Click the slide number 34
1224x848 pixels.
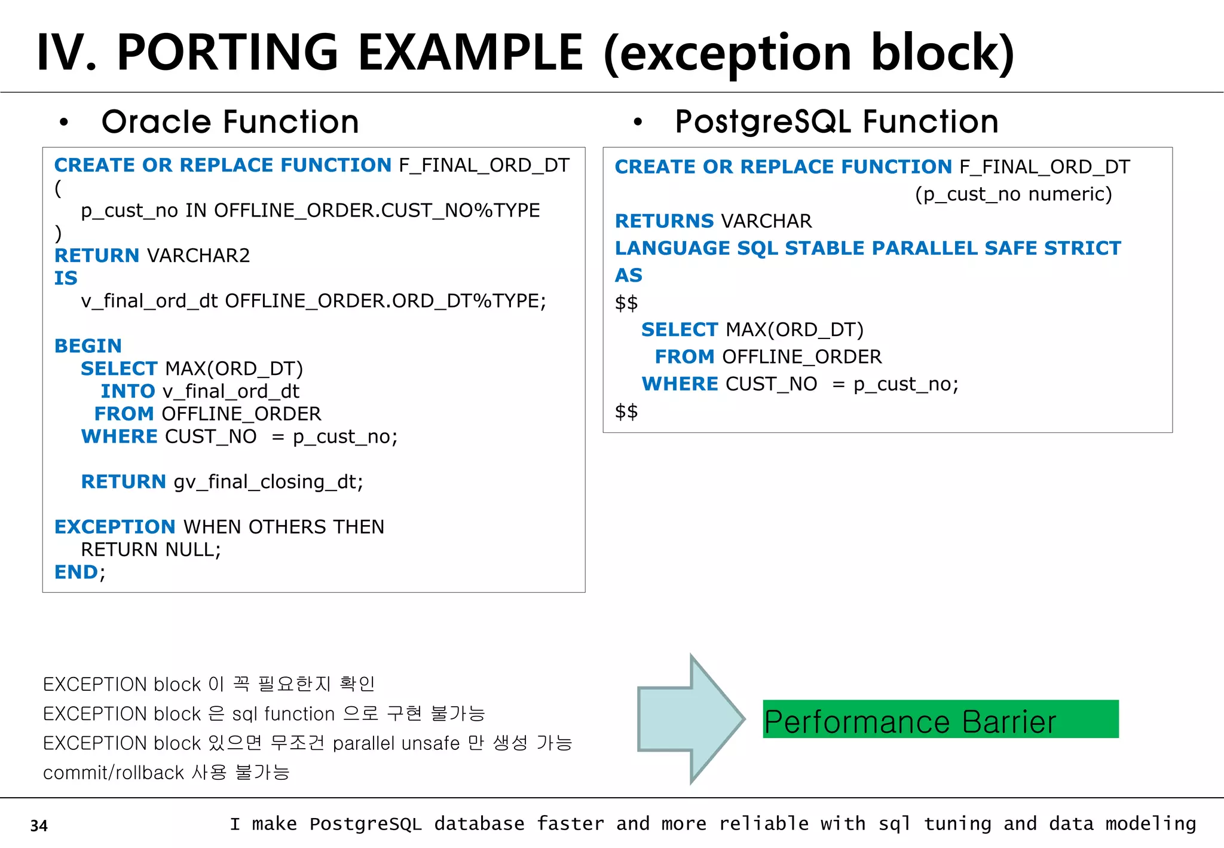pos(39,825)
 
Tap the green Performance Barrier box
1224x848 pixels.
pos(940,719)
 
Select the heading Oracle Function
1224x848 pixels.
pos(230,122)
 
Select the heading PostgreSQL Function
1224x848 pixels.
pos(836,122)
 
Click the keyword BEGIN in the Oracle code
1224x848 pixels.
pos(88,346)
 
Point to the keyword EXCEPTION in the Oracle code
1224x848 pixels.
pos(115,527)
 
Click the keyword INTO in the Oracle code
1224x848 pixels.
pos(127,391)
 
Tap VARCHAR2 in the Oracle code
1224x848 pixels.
pos(198,255)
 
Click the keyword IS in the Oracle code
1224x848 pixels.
pos(66,278)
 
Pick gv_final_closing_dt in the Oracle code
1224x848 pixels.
pos(268,482)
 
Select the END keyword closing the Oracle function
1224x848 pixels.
pos(76,572)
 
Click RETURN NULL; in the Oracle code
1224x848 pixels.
pos(151,550)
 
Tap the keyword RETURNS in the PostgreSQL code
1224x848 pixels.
pos(664,221)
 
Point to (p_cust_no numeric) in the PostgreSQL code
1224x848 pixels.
pos(1013,194)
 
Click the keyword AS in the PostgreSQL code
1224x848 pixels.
pos(628,275)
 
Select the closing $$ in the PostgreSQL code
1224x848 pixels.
pos(626,411)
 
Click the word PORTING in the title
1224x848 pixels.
pos(228,53)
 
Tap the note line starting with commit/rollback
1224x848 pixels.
pos(166,773)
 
